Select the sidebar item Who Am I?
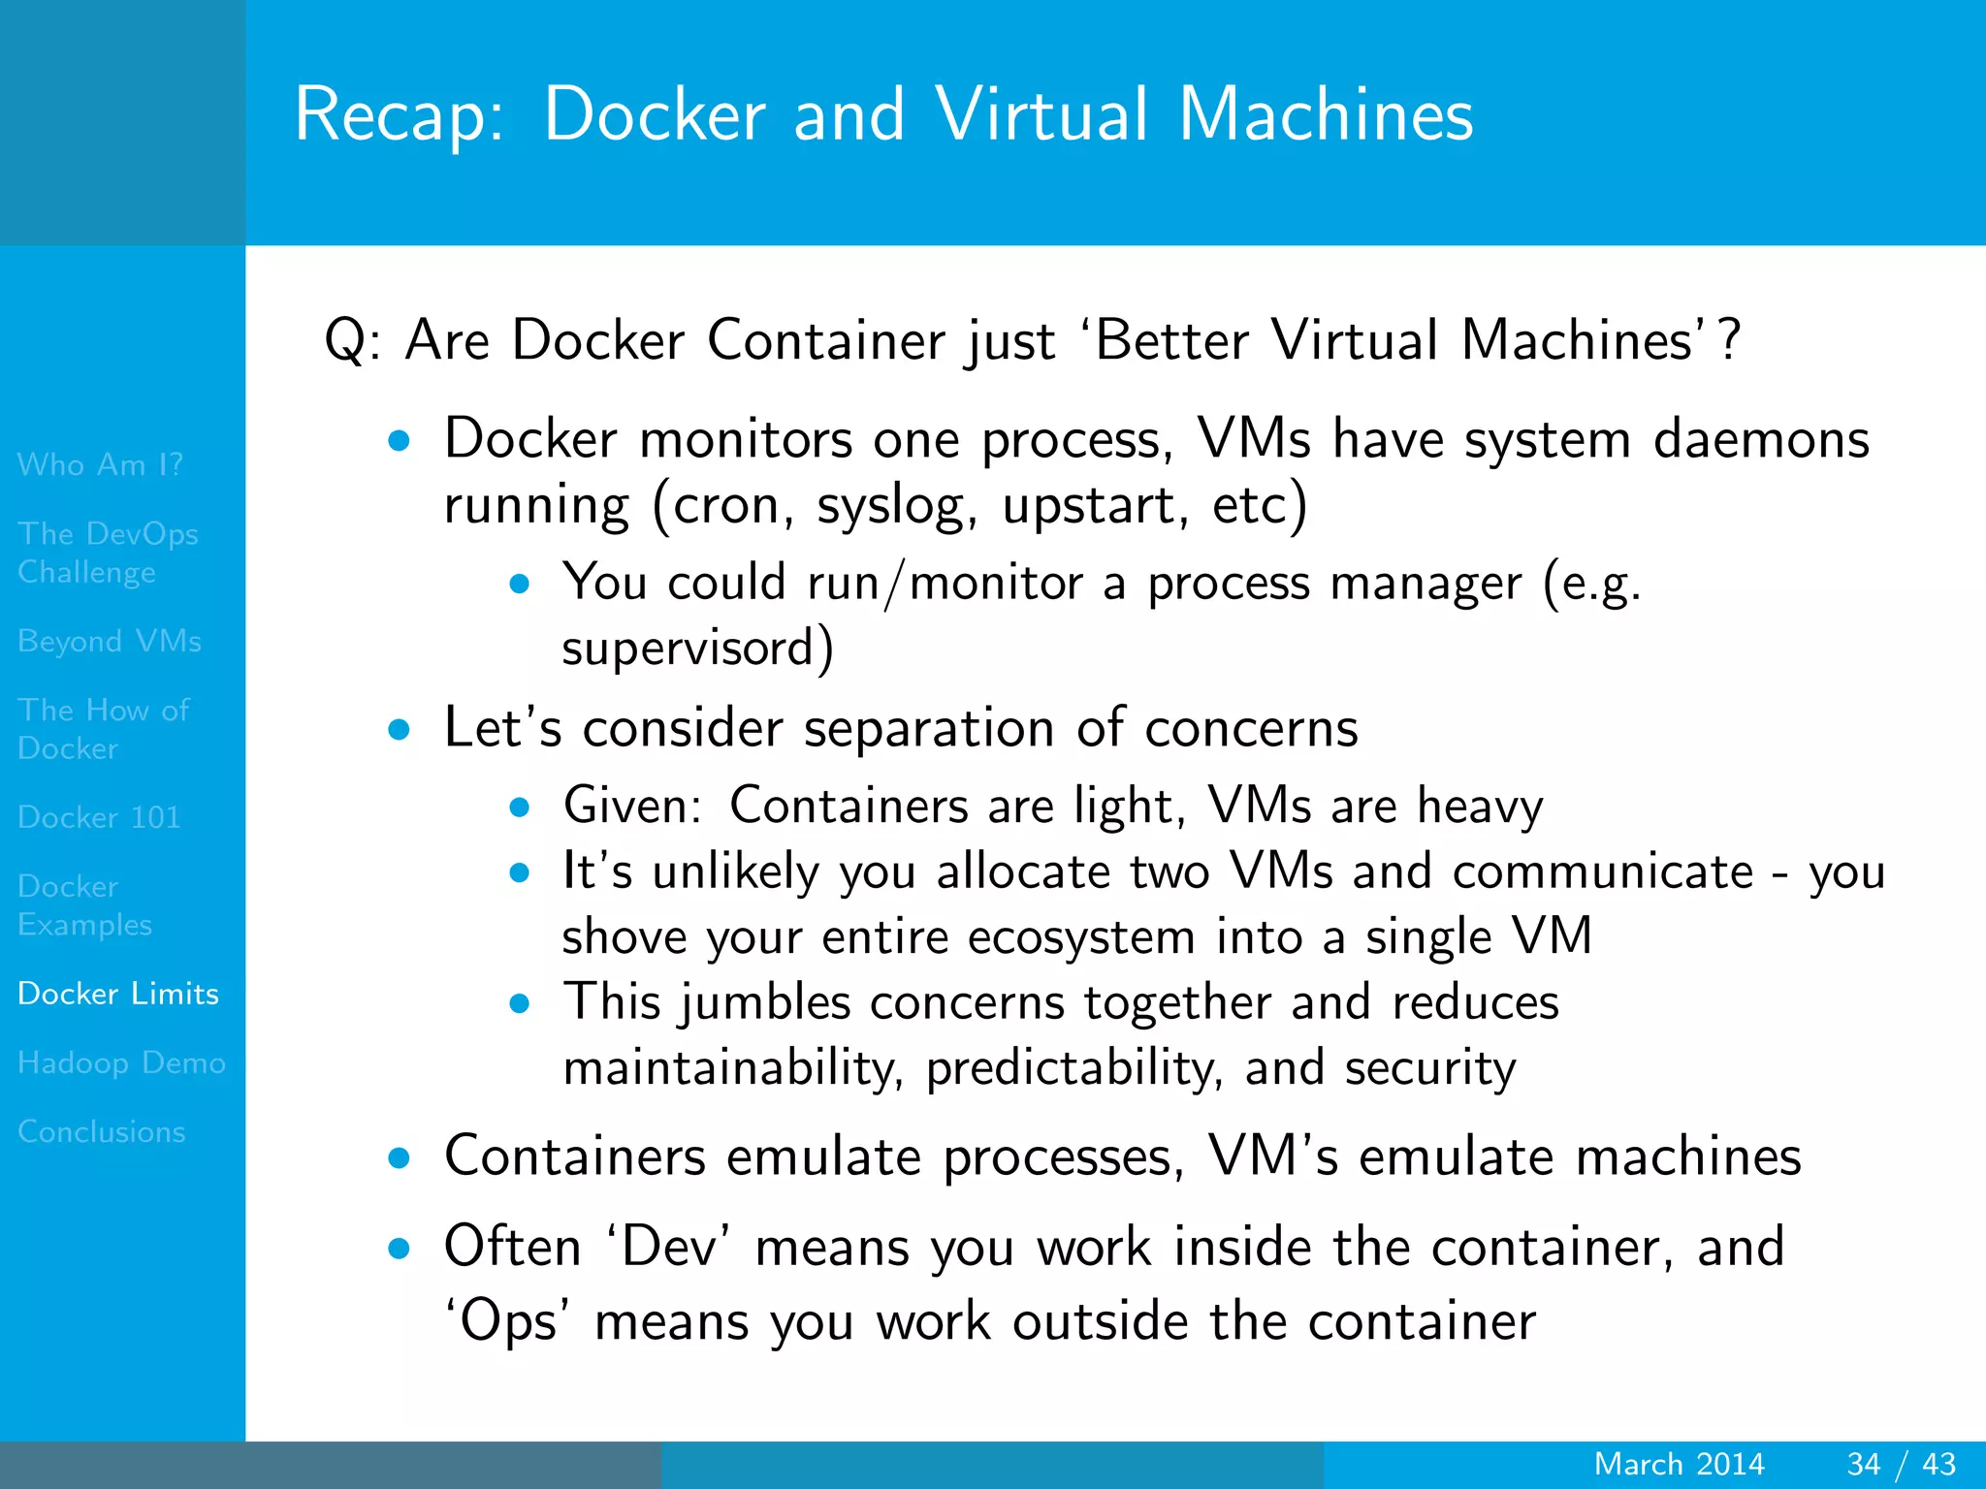click(x=100, y=464)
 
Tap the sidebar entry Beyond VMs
click(x=110, y=641)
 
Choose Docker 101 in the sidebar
click(x=99, y=817)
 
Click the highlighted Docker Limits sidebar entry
click(x=118, y=994)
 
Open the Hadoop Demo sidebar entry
click(x=121, y=1062)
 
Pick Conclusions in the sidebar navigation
click(x=102, y=1131)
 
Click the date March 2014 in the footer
click(x=1679, y=1464)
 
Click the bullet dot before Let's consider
click(x=399, y=729)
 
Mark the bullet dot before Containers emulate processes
click(x=399, y=1157)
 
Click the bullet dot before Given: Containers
click(x=520, y=807)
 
